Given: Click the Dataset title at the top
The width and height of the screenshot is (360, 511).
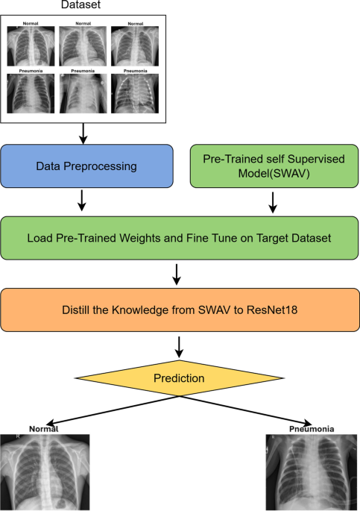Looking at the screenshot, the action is pyautogui.click(x=80, y=4).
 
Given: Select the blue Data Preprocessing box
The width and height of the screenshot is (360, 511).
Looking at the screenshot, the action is pyautogui.click(x=86, y=166).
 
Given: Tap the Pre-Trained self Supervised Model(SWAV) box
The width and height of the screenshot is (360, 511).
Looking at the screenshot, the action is pyautogui.click(x=274, y=166).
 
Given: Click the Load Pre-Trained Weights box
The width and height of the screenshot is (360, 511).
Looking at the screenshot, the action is pyautogui.click(x=180, y=238).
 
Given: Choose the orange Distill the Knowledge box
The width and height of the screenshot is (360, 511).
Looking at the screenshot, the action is pyautogui.click(x=180, y=310).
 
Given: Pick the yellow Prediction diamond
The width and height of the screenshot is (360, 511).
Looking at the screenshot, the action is pyautogui.click(x=179, y=378).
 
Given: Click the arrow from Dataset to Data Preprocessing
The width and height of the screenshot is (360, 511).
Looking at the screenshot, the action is pyautogui.click(x=83, y=134).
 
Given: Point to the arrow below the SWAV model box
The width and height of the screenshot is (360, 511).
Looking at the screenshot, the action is pyautogui.click(x=273, y=202).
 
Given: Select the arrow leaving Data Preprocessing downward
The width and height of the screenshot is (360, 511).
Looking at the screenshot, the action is pyautogui.click(x=82, y=201).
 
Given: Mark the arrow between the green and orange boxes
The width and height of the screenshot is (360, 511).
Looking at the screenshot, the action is pyautogui.click(x=177, y=275).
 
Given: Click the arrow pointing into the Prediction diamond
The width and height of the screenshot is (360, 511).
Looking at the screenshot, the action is pyautogui.click(x=179, y=347).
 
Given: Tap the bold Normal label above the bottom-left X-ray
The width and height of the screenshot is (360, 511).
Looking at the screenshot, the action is pyautogui.click(x=44, y=429).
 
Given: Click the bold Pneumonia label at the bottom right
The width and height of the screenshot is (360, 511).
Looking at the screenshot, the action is pyautogui.click(x=312, y=429).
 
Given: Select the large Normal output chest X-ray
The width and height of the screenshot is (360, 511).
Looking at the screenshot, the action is pyautogui.click(x=45, y=472).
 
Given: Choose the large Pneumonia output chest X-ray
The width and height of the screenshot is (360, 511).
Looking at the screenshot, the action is pyautogui.click(x=312, y=472).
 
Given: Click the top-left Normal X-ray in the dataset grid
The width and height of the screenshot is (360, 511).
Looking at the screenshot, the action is pyautogui.click(x=31, y=46).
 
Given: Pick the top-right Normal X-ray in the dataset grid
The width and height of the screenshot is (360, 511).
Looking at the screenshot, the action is pyautogui.click(x=135, y=46).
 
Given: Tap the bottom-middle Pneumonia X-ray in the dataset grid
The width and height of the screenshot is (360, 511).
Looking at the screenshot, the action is pyautogui.click(x=83, y=93).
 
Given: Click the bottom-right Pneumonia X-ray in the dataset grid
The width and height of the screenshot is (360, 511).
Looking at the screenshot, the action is pyautogui.click(x=135, y=93).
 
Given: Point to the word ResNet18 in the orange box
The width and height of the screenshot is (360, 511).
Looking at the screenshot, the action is pyautogui.click(x=272, y=310).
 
